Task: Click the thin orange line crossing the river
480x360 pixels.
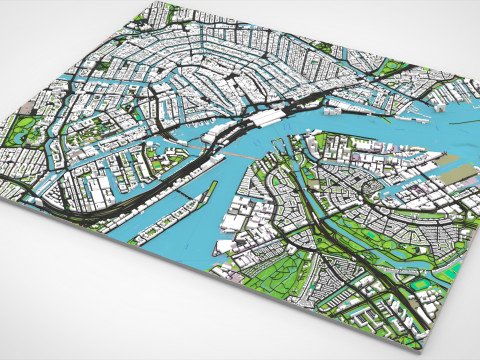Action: [x=225, y=157]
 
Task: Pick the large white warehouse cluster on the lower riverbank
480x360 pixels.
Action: [x=245, y=215]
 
